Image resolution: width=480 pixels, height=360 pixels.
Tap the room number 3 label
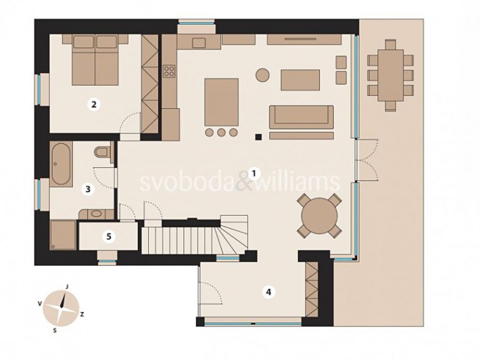pos(87,189)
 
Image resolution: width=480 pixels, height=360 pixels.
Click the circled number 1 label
pos(254,173)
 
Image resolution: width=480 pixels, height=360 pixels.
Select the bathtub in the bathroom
pos(59,164)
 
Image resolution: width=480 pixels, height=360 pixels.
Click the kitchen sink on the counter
pos(199,43)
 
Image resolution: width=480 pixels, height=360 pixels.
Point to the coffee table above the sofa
pos(299,80)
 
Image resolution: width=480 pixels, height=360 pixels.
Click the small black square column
pos(258,137)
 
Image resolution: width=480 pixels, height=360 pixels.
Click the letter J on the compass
pos(68,287)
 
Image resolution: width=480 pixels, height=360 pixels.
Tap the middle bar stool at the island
pos(222,132)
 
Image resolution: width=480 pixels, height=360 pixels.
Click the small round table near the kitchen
pos(262,74)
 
